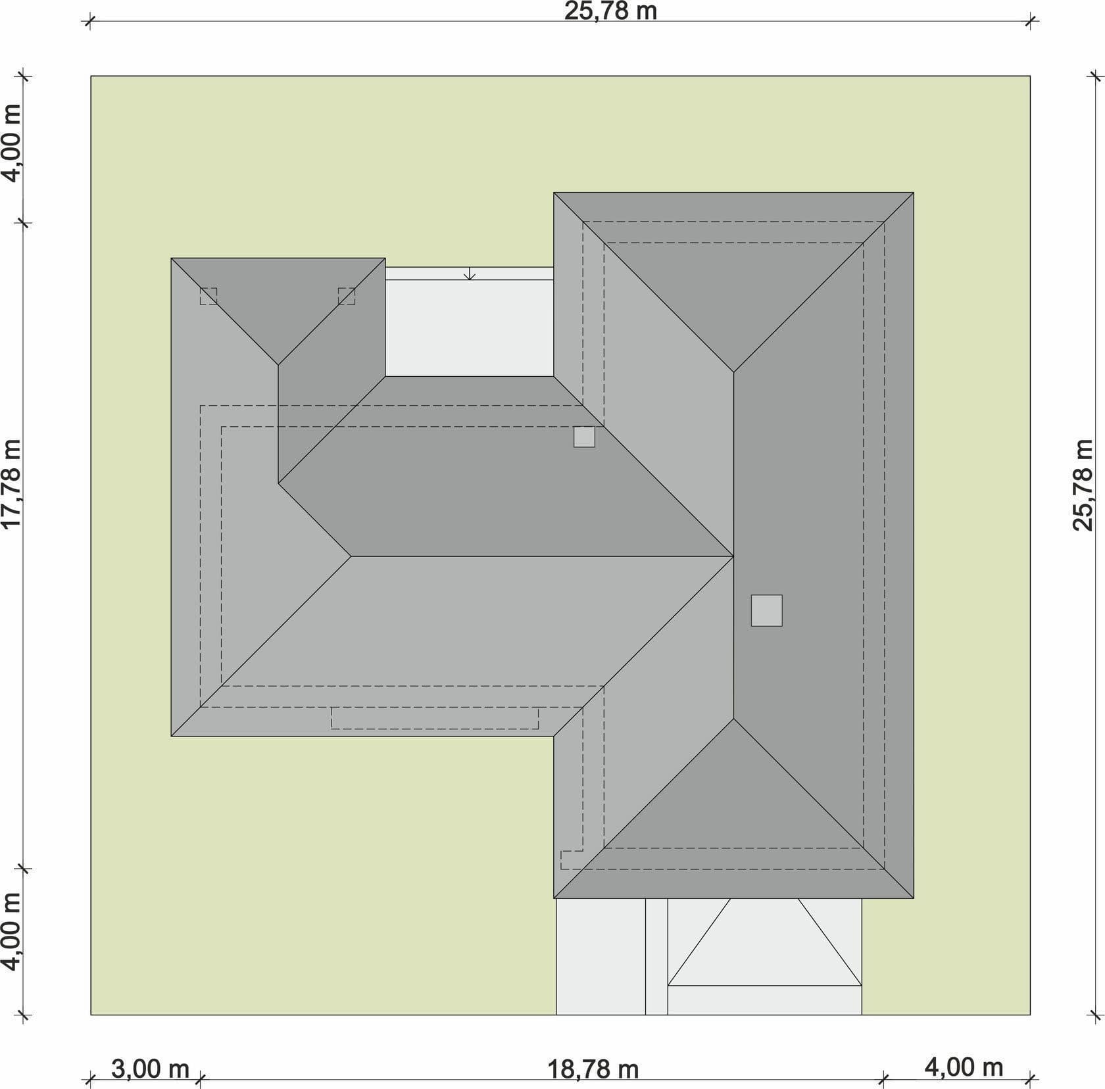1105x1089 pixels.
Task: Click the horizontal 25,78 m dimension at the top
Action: tap(610, 11)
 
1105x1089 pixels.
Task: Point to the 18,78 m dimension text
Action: tap(593, 1069)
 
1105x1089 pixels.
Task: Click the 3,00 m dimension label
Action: tap(150, 1069)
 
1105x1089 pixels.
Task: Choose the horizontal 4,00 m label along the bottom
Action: tap(964, 1067)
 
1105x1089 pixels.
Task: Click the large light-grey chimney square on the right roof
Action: tap(767, 610)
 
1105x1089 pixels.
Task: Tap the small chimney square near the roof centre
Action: tap(584, 437)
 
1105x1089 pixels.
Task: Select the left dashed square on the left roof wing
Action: tap(209, 296)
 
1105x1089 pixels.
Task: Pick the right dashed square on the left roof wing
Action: tap(347, 296)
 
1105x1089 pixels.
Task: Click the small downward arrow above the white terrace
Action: tap(469, 274)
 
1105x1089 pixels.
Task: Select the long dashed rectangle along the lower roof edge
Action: tap(434, 718)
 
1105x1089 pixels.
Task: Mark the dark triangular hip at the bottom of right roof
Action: tap(733, 802)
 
